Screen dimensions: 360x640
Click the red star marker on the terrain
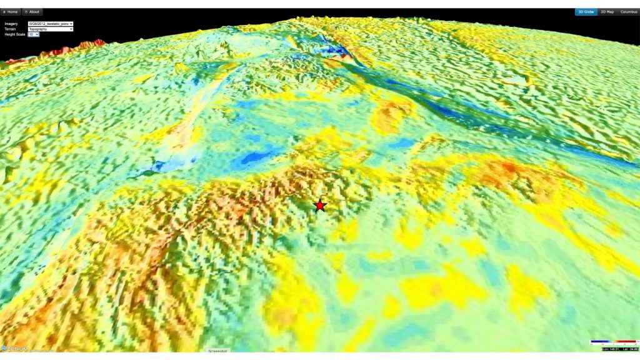pyautogui.click(x=320, y=205)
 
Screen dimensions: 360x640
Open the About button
pyautogui.click(x=32, y=12)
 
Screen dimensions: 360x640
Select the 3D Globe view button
pyautogui.click(x=586, y=12)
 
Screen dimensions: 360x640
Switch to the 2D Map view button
pyautogui.click(x=607, y=12)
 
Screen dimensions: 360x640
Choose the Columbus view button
pyautogui.click(x=629, y=12)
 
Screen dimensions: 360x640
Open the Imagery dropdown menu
pyautogui.click(x=51, y=24)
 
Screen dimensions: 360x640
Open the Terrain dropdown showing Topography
pyautogui.click(x=51, y=29)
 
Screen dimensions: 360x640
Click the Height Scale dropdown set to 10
pyautogui.click(x=34, y=34)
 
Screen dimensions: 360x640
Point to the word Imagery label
pyautogui.click(x=11, y=24)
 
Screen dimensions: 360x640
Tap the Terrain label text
pyautogui.click(x=10, y=29)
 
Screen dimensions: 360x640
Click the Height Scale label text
pyautogui.click(x=14, y=34)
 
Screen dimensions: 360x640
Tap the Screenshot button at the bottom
pyautogui.click(x=219, y=351)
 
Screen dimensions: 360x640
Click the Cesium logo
pyautogui.click(x=15, y=348)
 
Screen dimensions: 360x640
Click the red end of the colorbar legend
pyautogui.click(x=632, y=343)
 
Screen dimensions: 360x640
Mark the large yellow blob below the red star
pyautogui.click(x=431, y=287)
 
